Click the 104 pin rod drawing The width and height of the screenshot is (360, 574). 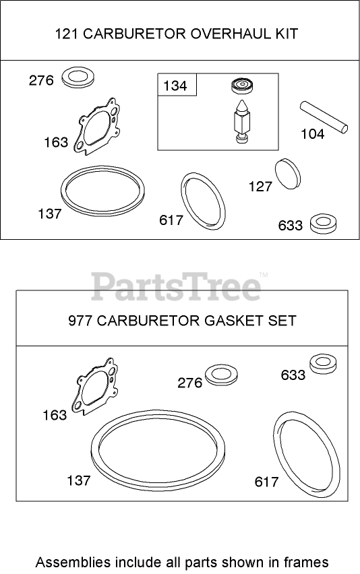pyautogui.click(x=324, y=117)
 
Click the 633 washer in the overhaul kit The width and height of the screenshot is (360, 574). pyautogui.click(x=323, y=223)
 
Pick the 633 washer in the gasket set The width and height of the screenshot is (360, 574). pyautogui.click(x=323, y=363)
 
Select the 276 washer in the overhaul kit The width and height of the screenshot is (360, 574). pyautogui.click(x=79, y=77)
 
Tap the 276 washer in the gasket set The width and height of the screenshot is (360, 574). pyautogui.click(x=221, y=375)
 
